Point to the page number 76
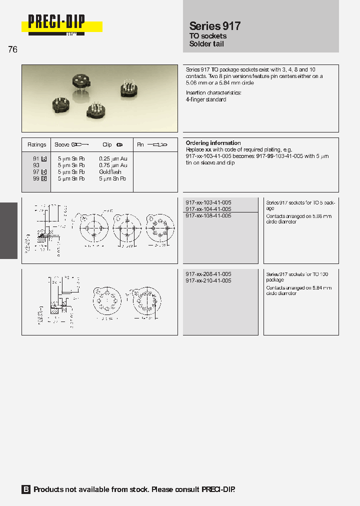(13, 49)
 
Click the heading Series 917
(215, 26)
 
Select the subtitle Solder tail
(206, 44)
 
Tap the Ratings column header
(37, 145)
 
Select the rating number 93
(36, 165)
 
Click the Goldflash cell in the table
(110, 172)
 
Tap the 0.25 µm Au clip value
(113, 158)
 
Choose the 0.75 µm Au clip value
(113, 165)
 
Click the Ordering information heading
(213, 143)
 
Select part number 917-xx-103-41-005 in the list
(208, 202)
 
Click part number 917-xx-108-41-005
(208, 215)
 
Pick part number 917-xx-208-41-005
(208, 274)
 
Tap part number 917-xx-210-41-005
(208, 281)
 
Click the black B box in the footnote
(26, 489)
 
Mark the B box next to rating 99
(44, 178)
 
